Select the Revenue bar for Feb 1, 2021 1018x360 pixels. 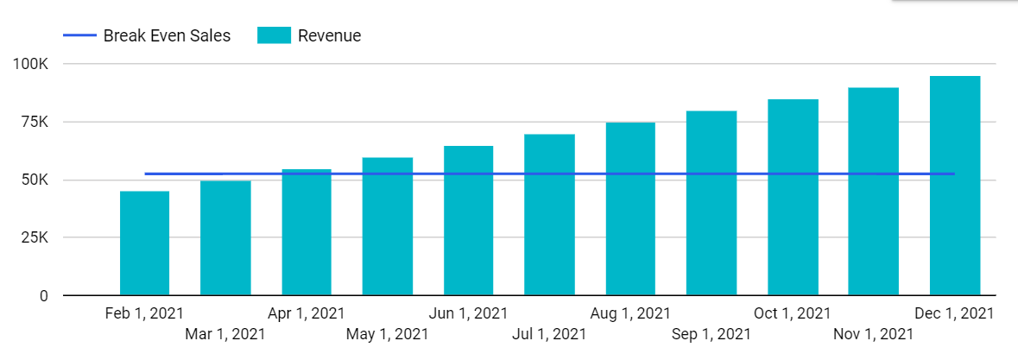pos(144,243)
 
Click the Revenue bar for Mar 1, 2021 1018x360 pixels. pos(225,238)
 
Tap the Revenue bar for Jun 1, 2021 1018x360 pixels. pos(469,221)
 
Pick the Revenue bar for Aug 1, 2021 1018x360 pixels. pos(630,209)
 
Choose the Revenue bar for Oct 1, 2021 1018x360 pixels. pos(793,198)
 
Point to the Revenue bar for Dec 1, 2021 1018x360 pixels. pos(955,186)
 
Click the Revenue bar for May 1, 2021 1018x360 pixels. pos(388,226)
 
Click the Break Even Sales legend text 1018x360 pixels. pos(167,35)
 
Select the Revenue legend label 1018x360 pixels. pos(329,35)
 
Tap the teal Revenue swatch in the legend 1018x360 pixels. pos(273,35)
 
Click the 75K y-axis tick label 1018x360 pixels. pos(34,122)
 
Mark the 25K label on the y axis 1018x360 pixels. pos(34,238)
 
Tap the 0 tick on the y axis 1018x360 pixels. pos(43,296)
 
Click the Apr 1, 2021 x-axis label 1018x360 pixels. pos(307,313)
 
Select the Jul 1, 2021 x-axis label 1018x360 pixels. pos(549,332)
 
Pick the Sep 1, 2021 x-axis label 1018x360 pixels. pos(711,332)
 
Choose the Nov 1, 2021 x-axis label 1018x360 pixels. pos(874,332)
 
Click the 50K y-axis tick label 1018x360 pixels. pos(34,180)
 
